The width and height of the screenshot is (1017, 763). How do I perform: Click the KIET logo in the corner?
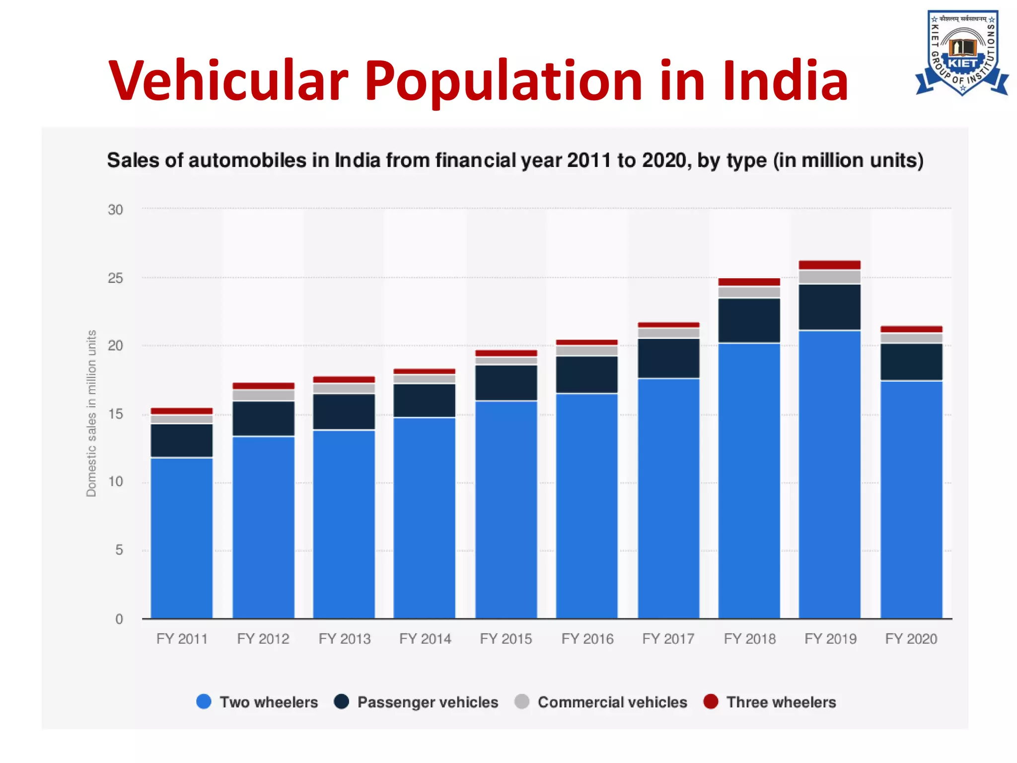pos(962,52)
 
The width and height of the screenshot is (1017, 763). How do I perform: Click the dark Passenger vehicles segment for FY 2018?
pos(749,320)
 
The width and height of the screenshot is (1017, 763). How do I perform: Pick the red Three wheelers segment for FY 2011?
pos(182,411)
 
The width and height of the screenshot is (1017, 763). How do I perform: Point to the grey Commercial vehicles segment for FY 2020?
pos(911,338)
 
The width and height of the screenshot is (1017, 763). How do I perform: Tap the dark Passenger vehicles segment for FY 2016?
pos(586,375)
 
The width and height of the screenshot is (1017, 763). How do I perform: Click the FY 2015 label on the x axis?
pos(506,639)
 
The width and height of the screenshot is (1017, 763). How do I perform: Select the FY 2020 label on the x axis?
pos(911,639)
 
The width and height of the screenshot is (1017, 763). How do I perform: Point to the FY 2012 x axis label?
pos(263,639)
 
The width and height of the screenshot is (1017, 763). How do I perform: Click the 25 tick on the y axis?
pos(115,278)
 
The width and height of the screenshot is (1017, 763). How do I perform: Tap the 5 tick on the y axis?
pos(119,550)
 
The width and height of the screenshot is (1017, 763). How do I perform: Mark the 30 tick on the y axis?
pos(115,210)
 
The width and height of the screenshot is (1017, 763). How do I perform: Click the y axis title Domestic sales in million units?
pos(91,413)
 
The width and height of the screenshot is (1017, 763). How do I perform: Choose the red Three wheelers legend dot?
pos(711,701)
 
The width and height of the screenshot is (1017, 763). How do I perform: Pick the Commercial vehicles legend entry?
pos(602,702)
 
